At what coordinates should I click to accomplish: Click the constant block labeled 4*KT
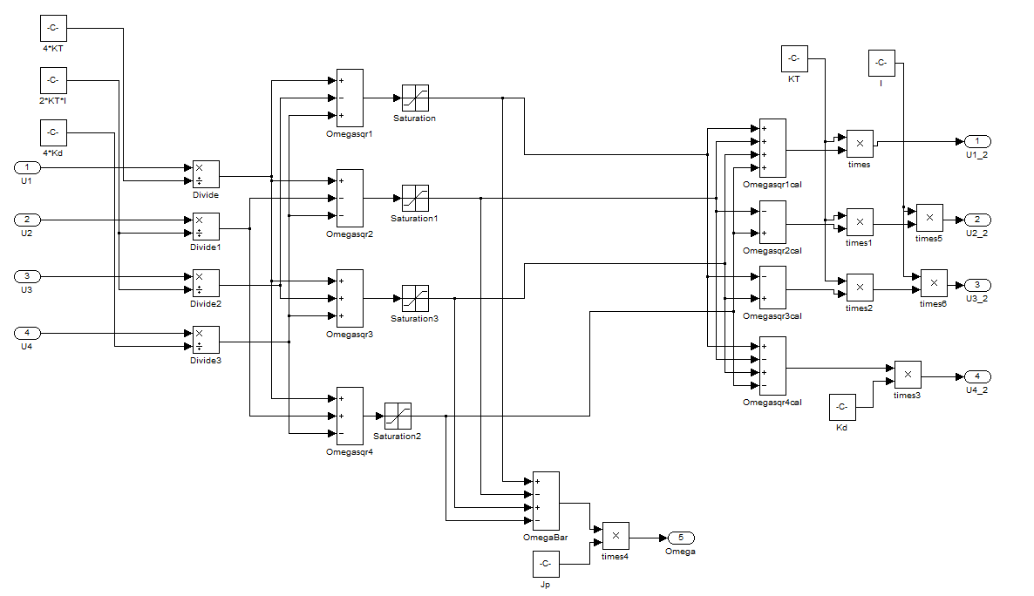53,28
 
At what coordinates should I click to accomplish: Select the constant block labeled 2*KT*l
53,81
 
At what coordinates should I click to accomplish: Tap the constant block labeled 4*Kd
53,133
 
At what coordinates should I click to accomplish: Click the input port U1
26,167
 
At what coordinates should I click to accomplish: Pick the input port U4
26,333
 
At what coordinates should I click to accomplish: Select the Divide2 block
206,283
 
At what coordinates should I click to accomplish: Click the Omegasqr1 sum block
350,98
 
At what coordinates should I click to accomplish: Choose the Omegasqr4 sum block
350,417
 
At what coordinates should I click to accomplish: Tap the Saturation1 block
414,199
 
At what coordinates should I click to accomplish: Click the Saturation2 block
397,417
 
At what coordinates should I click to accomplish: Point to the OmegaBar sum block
546,501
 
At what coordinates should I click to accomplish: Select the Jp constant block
546,565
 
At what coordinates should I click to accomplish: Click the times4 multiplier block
615,536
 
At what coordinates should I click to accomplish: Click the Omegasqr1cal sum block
772,148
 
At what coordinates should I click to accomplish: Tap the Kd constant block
841,407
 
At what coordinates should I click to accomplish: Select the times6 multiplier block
933,284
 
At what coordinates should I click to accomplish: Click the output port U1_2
976,141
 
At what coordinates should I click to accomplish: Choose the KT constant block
793,59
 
